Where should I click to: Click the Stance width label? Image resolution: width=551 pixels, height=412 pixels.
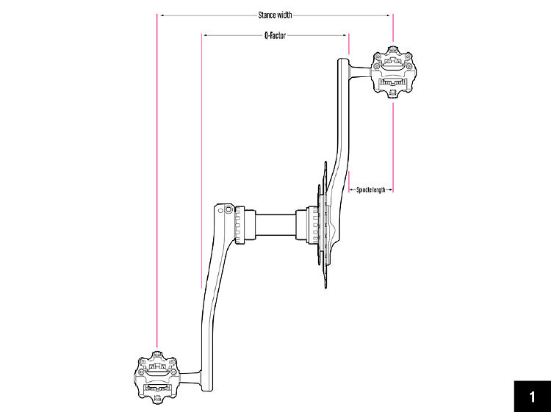point(275,15)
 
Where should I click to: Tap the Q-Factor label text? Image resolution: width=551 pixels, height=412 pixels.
point(275,35)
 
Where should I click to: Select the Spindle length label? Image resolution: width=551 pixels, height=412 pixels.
point(371,190)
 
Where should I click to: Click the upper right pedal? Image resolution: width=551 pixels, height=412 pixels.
point(394,72)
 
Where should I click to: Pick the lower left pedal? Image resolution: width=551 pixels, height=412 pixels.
point(157,377)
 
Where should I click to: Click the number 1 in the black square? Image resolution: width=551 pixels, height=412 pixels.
point(532,397)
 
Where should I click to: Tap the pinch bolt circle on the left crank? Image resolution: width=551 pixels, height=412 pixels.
point(228,210)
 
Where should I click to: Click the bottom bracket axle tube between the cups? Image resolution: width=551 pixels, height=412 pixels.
point(275,225)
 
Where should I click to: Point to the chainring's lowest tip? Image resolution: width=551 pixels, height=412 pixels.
point(325,287)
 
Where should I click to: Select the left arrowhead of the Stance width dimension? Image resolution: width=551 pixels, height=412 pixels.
point(162,15)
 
